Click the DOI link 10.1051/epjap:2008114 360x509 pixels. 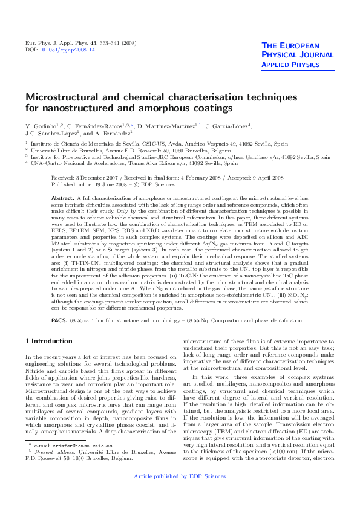(x=54, y=50)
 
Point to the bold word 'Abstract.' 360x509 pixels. (x=62, y=181)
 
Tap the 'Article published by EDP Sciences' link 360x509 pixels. (x=180, y=493)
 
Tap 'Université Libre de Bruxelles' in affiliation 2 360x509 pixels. (x=63, y=151)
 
